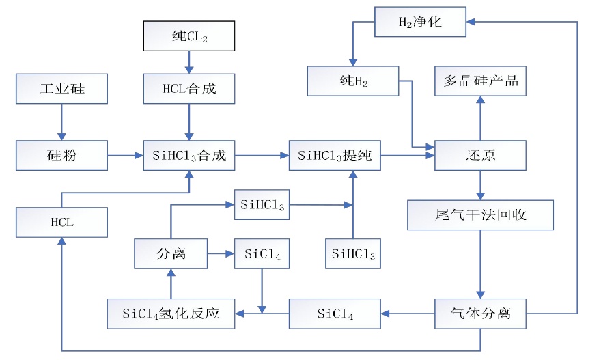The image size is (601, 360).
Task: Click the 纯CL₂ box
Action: (189, 36)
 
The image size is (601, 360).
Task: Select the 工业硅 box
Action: (62, 89)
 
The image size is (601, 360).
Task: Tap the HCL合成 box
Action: (189, 89)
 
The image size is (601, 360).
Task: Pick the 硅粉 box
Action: (62, 156)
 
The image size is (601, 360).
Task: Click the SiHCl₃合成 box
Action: (189, 156)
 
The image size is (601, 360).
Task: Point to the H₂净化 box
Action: (420, 22)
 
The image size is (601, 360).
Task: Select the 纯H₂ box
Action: (352, 81)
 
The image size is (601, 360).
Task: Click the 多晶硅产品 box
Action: (480, 81)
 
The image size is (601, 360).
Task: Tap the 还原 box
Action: (480, 156)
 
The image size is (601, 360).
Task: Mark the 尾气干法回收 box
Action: (480, 215)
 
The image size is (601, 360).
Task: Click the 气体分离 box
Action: (480, 314)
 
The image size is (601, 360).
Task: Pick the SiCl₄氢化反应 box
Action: (171, 314)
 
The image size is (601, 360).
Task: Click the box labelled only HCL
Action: (62, 223)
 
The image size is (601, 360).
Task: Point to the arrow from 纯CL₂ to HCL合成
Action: (189, 62)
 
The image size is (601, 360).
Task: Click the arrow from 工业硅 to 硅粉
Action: (62, 122)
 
